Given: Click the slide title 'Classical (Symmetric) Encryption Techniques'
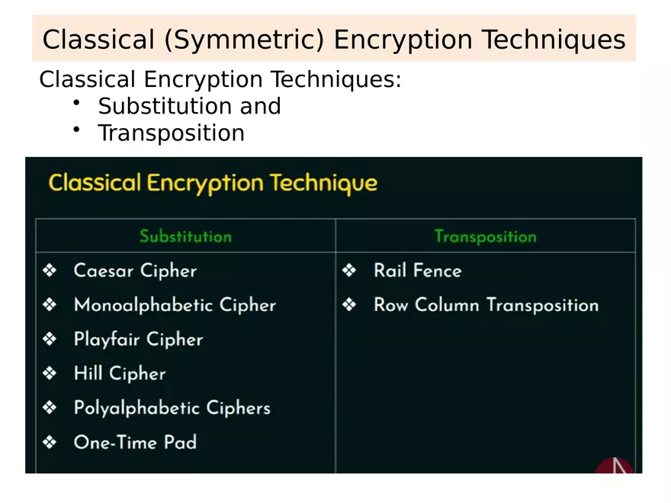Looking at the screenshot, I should point(334,40).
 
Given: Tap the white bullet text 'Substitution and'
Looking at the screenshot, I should point(189,106).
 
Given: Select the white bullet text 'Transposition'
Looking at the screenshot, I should point(171,133).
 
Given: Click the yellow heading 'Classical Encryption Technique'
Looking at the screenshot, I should point(213,183).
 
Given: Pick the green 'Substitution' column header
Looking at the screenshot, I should point(185,236).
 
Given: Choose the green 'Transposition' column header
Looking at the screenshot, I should point(485,236).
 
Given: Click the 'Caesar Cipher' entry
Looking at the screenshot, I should point(135,271).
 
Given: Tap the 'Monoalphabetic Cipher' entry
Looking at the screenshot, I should point(175,305).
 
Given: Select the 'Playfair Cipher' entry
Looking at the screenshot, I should point(138,339).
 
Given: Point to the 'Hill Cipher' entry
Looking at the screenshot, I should point(120,373).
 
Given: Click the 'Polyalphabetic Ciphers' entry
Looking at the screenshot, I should point(172,408).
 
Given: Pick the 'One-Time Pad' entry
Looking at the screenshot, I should point(135,442).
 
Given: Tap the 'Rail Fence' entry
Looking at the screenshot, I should point(417,271).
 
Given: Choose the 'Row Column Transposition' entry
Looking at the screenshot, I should point(486,305).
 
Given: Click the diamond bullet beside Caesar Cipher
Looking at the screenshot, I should point(50,271).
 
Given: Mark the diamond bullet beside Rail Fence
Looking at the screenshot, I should point(349,271).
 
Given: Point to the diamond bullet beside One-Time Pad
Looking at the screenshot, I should point(50,442).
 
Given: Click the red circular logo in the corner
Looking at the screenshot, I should point(615,466).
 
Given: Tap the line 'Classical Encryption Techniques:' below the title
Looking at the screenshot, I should point(220,79).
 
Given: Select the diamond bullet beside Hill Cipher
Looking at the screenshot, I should point(50,373).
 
